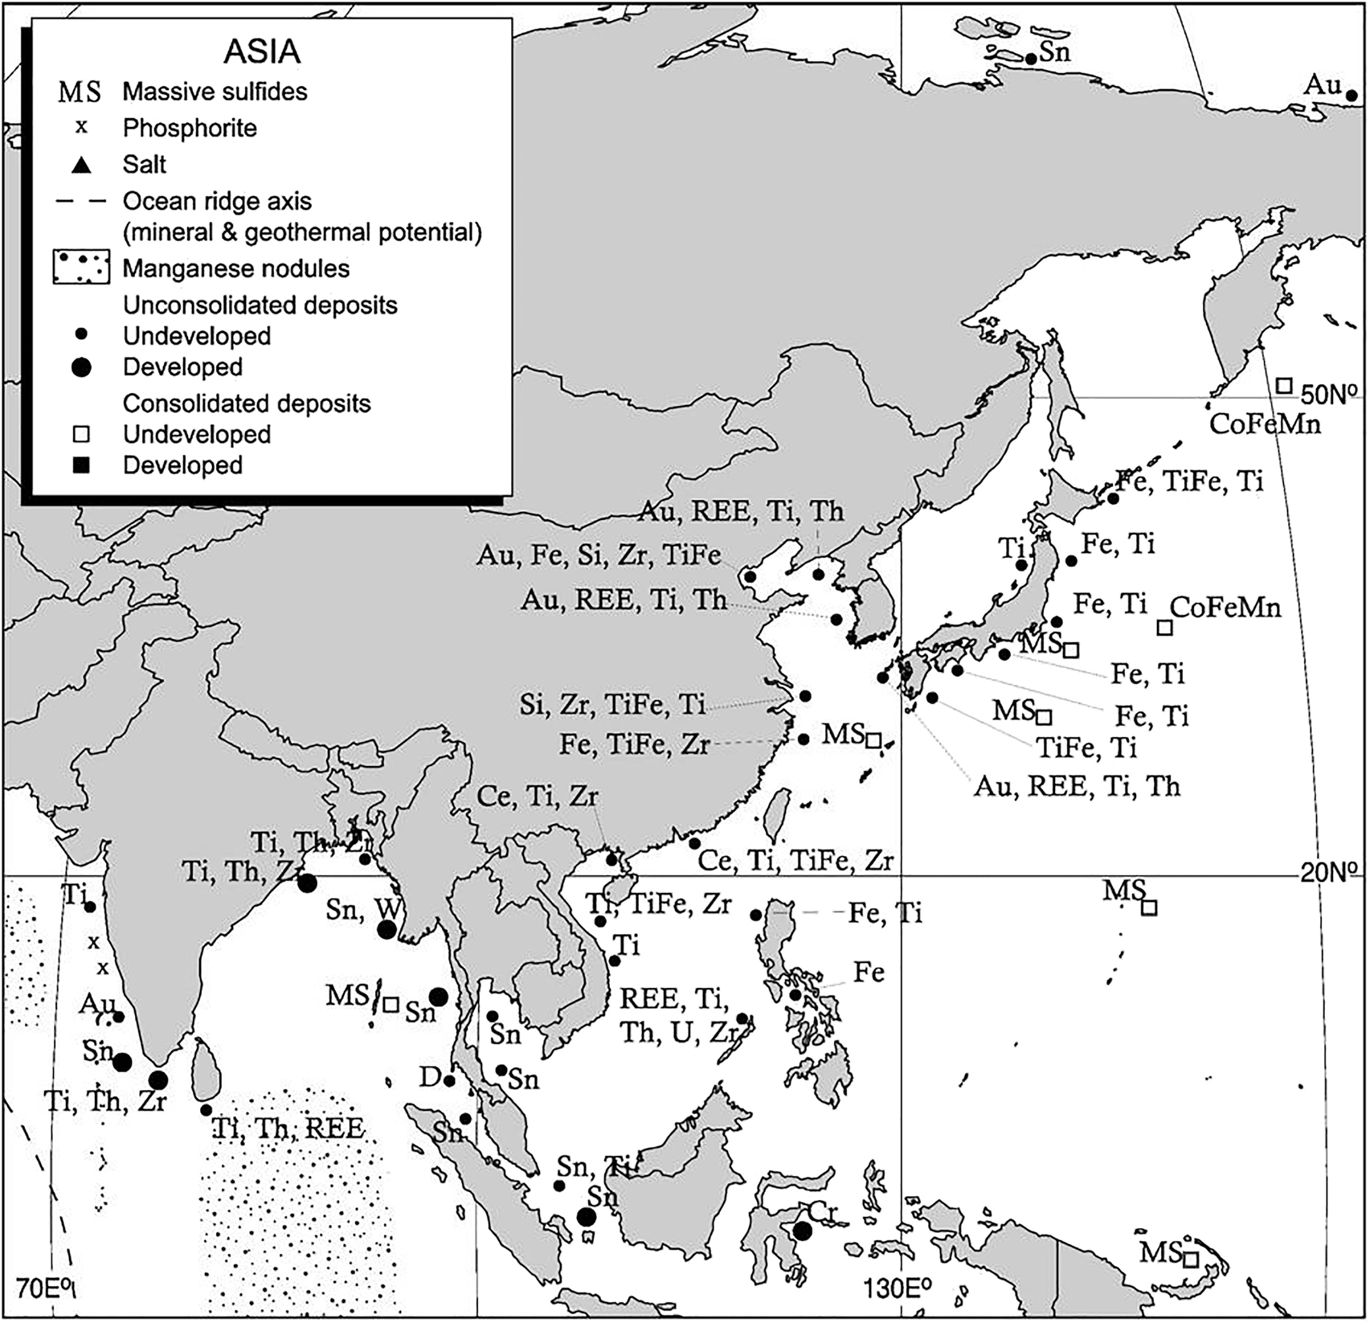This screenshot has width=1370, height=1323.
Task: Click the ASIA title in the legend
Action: click(x=261, y=52)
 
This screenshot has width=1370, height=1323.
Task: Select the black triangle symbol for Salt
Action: click(x=81, y=166)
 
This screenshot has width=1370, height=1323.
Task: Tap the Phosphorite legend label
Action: click(x=190, y=129)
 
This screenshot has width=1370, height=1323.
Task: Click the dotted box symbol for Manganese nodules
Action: click(x=81, y=268)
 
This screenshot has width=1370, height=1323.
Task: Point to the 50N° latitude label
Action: click(x=1333, y=395)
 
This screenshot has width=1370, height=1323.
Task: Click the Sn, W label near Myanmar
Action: click(x=365, y=909)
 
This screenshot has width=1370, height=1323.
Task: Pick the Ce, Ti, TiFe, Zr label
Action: click(x=795, y=861)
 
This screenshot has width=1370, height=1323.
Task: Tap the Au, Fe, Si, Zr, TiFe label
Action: click(x=599, y=555)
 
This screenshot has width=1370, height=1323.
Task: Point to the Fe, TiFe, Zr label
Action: click(x=634, y=745)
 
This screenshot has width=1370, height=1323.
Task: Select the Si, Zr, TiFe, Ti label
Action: click(x=612, y=705)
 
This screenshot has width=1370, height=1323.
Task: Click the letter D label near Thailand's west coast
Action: click(x=430, y=1076)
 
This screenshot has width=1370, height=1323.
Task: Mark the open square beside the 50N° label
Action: click(x=1284, y=386)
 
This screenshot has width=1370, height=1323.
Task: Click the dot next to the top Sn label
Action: click(x=1031, y=59)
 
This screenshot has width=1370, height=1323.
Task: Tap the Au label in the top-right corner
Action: click(x=1323, y=84)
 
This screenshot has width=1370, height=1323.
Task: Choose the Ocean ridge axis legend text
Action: click(x=217, y=201)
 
